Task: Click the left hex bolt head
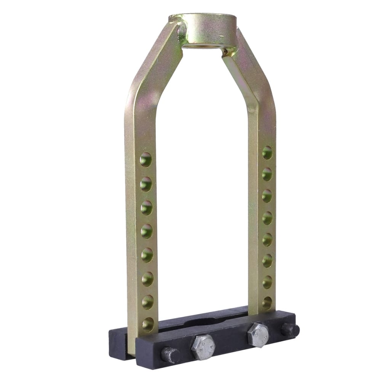pyautogui.click(x=203, y=347)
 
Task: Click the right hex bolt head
pyautogui.click(x=258, y=335)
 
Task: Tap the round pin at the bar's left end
pyautogui.click(x=170, y=355)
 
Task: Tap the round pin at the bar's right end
pyautogui.click(x=290, y=330)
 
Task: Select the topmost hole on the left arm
pyautogui.click(x=145, y=160)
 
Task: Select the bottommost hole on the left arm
pyautogui.click(x=148, y=324)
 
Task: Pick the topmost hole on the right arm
pyautogui.click(x=267, y=152)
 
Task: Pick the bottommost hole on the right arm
pyautogui.click(x=267, y=303)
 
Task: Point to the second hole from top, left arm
pyautogui.click(x=146, y=184)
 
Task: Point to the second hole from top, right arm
pyautogui.click(x=267, y=174)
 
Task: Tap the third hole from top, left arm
pyautogui.click(x=146, y=208)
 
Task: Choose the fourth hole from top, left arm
pyautogui.click(x=147, y=231)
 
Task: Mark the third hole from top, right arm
pyautogui.click(x=267, y=196)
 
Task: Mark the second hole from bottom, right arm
pyautogui.click(x=267, y=282)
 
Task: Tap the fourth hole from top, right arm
pyautogui.click(x=267, y=218)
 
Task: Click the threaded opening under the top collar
pyautogui.click(x=202, y=46)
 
